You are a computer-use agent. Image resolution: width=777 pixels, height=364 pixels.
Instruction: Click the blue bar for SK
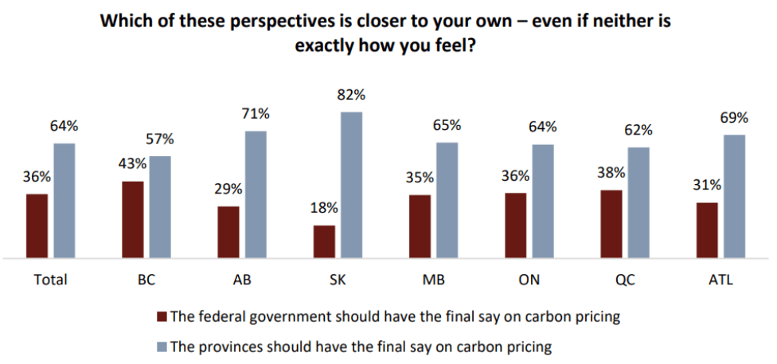[351, 185]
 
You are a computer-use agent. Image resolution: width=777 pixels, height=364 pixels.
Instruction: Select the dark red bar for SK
[324, 242]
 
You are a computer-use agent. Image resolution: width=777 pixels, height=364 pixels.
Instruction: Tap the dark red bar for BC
[133, 220]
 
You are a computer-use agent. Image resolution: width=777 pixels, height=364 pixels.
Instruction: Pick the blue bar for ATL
[734, 197]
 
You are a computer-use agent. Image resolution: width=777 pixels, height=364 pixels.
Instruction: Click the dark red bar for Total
[37, 226]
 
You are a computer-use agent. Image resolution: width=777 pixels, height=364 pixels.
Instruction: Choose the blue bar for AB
[256, 194]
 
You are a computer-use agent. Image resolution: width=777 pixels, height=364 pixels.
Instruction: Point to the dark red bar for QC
[611, 224]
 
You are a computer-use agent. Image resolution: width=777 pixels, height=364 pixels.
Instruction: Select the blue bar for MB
[447, 201]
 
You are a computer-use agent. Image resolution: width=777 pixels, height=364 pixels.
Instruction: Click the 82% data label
[351, 95]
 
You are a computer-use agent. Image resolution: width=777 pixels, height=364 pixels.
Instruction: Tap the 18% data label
[324, 209]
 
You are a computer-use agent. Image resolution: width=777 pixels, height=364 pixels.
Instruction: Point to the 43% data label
[133, 164]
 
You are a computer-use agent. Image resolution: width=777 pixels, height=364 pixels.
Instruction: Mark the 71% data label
[256, 114]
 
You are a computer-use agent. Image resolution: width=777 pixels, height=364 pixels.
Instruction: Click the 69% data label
[734, 118]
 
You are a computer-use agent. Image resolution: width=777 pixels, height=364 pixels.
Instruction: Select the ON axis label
[529, 280]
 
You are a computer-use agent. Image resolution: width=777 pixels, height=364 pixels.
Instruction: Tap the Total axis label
[50, 280]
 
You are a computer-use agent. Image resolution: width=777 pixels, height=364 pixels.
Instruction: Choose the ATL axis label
[720, 280]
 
